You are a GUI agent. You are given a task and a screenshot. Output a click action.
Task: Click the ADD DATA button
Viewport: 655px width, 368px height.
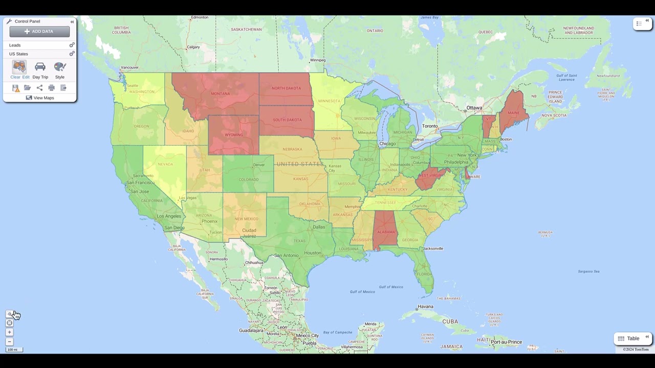39,32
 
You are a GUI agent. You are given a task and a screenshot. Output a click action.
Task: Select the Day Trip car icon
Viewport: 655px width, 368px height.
40,67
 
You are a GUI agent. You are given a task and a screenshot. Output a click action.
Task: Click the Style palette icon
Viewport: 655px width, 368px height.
60,67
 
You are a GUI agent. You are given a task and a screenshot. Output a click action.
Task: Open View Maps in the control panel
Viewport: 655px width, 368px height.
40,98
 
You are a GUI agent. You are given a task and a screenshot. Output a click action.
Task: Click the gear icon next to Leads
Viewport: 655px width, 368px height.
72,45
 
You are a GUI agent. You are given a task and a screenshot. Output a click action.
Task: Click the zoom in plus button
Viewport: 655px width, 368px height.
9,332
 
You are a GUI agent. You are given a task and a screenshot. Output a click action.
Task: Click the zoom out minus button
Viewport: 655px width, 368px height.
9,341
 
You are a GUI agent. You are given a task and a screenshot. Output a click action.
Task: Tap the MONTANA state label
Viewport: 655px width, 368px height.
221,94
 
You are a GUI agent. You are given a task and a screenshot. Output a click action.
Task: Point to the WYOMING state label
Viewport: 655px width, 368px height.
233,135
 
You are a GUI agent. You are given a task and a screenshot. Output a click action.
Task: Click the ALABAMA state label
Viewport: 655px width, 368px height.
386,232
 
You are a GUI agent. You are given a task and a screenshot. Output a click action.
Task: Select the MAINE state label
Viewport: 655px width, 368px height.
513,113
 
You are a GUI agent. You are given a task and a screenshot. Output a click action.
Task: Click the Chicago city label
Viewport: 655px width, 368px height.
387,144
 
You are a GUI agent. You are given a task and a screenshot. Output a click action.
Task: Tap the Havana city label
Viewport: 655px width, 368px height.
425,307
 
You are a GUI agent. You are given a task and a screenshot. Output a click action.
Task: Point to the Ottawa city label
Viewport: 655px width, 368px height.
474,108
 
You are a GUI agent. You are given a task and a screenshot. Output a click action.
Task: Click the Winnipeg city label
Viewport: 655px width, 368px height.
318,60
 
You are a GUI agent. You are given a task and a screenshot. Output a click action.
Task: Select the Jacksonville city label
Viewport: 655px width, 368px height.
433,248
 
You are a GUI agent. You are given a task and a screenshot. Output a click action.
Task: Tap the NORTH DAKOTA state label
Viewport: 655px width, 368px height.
286,88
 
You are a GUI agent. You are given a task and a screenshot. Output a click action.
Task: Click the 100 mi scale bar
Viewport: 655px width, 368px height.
14,350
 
